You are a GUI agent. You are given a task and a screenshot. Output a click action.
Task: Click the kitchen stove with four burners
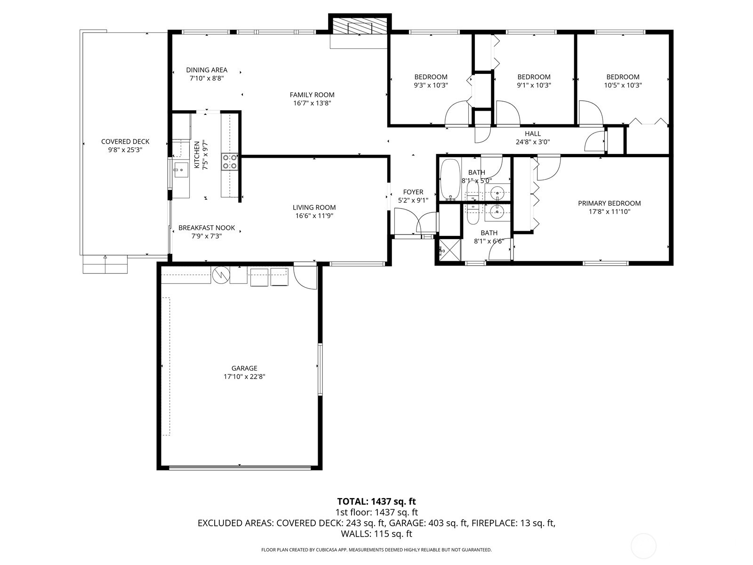(x=230, y=161)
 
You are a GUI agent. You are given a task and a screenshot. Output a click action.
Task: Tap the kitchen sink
(x=181, y=169)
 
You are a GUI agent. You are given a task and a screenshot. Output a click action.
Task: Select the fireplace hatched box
(x=359, y=26)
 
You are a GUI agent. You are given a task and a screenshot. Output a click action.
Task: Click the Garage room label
(x=244, y=368)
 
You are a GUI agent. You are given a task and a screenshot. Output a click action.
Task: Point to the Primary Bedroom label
(x=609, y=203)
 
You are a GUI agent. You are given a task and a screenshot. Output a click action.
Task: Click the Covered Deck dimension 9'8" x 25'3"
(x=125, y=150)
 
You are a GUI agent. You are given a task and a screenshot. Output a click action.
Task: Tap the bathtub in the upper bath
(x=450, y=180)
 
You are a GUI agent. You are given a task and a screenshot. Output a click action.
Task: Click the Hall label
(x=533, y=134)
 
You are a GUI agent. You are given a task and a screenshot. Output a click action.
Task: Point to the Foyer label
(x=413, y=192)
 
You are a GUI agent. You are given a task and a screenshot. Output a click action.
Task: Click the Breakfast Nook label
(x=207, y=228)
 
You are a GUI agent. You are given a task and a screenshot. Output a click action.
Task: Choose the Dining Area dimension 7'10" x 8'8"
(x=207, y=79)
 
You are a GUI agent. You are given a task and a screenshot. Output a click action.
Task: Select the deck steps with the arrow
(x=105, y=265)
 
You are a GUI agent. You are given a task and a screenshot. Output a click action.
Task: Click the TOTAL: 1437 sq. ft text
(x=376, y=501)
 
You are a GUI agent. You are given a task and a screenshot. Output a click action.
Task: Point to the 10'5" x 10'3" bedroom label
(x=623, y=77)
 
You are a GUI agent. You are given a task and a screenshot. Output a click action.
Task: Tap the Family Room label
(x=312, y=95)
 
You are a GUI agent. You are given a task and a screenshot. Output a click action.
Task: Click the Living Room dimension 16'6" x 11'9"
(x=314, y=216)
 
